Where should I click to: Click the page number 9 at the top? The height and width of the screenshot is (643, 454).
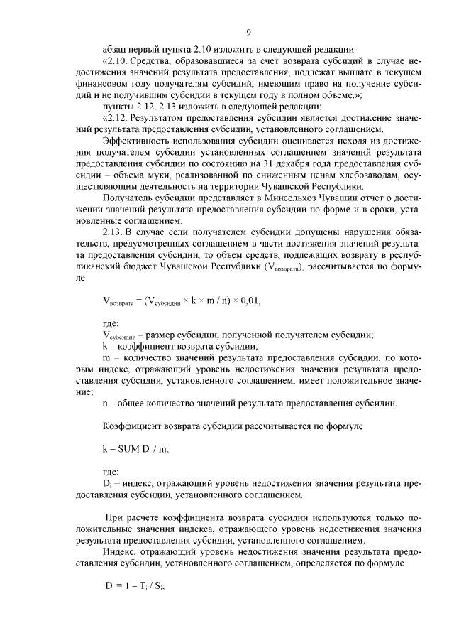[248, 32]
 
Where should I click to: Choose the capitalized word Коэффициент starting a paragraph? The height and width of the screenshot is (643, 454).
[131, 427]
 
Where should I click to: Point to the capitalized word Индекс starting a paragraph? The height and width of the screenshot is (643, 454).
[118, 551]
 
